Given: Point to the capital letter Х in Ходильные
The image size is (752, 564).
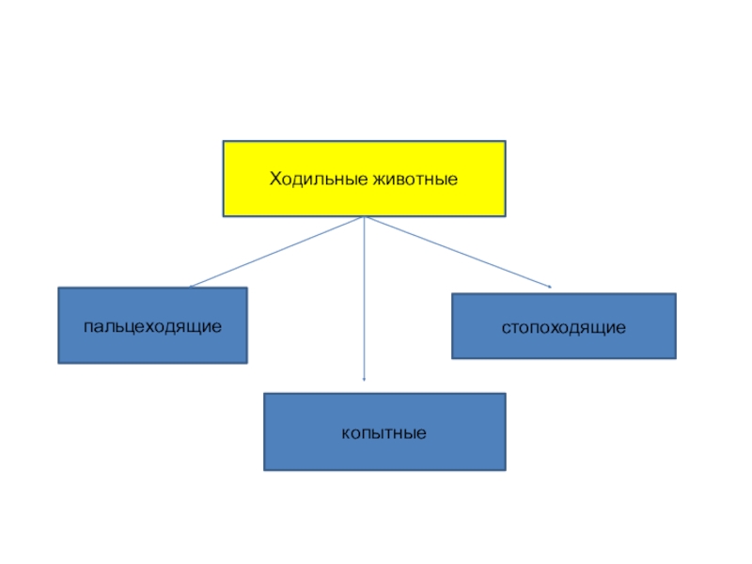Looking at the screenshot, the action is tap(275, 179).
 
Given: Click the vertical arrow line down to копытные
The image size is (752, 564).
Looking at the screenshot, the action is tap(364, 301).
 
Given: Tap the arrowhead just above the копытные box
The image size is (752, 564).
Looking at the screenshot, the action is tap(364, 379).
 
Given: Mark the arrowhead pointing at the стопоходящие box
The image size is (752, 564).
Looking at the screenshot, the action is tap(548, 286).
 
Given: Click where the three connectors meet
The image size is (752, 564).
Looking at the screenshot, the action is tap(364, 217).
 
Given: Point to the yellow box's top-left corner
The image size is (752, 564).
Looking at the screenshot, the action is tap(223, 142).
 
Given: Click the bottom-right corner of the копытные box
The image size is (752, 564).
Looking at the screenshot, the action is tap(506, 470).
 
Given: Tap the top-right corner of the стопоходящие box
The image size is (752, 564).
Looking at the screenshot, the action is tap(676, 294).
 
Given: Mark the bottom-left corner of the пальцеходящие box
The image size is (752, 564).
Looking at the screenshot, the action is tap(58, 363).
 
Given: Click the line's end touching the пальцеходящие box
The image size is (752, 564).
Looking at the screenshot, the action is tap(190, 287).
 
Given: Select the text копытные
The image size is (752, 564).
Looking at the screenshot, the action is tap(384, 434).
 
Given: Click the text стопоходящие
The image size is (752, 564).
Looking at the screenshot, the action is tap(563, 328).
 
